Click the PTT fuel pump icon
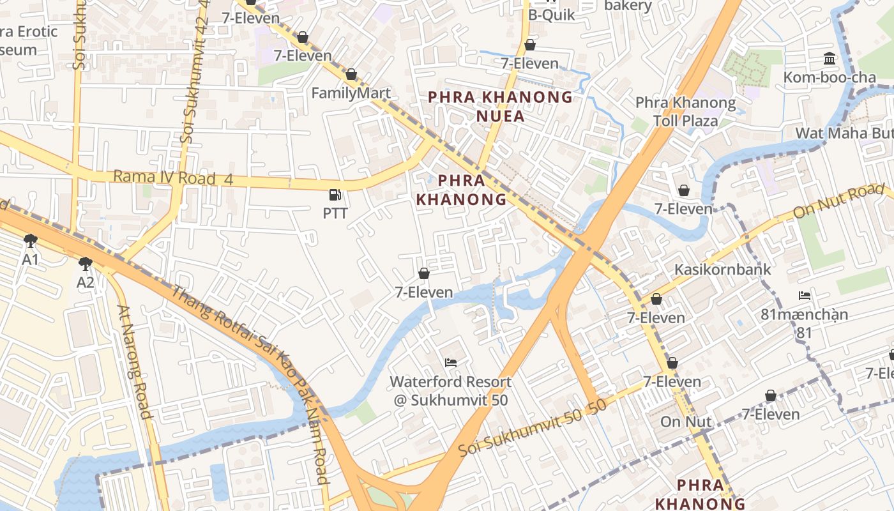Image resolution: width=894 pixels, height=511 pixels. point(335,195)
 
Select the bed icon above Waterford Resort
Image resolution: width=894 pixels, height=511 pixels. point(451,363)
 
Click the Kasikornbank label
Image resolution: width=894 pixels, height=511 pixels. point(723,269)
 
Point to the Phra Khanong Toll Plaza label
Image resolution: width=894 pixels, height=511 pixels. point(685,111)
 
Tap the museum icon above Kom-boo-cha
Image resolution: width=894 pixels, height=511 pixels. point(830,59)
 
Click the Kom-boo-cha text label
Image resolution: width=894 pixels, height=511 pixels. point(830,77)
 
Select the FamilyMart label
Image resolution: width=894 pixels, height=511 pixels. point(351,93)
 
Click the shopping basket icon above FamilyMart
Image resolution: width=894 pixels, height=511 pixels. point(351,75)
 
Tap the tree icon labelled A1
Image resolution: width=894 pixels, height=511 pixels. point(30,241)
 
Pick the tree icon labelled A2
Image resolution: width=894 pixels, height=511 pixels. point(86,264)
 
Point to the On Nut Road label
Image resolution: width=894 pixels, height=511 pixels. point(838,201)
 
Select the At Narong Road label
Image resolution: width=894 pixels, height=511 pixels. point(135,362)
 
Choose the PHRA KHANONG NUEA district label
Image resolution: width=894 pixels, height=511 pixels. point(500,106)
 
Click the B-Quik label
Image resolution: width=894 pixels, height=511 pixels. point(552,15)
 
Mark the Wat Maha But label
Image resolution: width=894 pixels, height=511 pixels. point(843,133)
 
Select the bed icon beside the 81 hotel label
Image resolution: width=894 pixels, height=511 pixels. point(805,296)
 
